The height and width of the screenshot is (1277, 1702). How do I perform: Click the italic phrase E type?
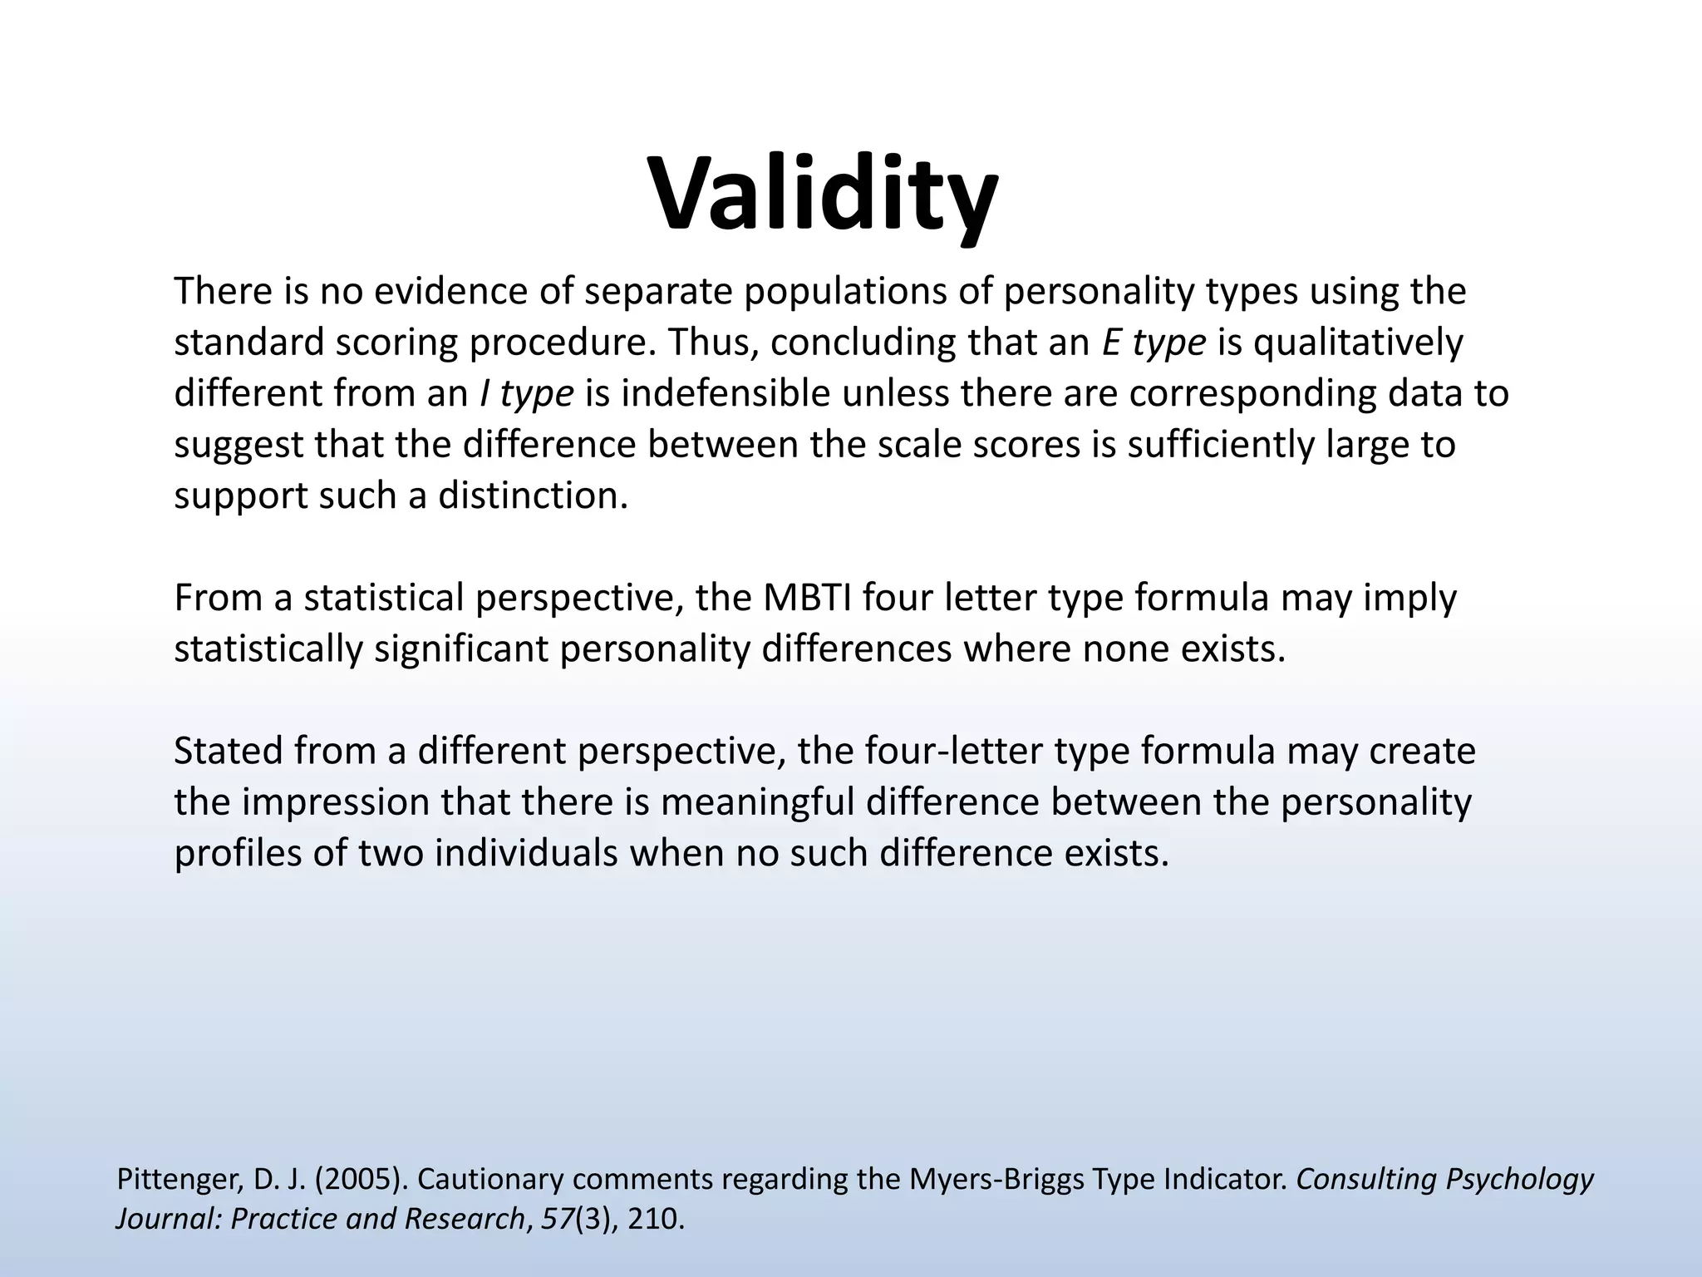(1154, 343)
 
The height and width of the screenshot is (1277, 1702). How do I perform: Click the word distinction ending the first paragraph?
(533, 496)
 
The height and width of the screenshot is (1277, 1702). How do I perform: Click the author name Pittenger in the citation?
(171, 1179)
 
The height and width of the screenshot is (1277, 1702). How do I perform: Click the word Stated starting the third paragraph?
(228, 751)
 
